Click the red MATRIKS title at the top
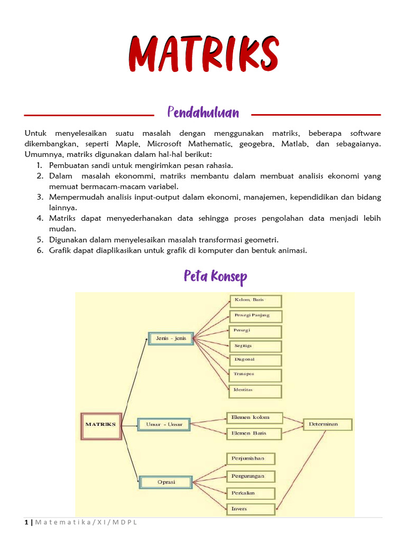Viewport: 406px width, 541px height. [203, 54]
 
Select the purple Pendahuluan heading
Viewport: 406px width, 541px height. [203, 113]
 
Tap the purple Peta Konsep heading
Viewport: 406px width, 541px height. [215, 276]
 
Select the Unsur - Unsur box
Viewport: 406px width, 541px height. [163, 424]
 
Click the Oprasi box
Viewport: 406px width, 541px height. [166, 482]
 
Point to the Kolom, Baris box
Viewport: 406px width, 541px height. [255, 301]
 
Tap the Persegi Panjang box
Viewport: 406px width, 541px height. [255, 316]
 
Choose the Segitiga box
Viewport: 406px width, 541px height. [255, 346]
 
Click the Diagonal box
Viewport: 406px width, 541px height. [255, 360]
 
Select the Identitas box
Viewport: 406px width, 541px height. [255, 390]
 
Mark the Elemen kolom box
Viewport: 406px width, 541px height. [254, 418]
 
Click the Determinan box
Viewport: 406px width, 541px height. [327, 424]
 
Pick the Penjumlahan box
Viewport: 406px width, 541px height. [251, 459]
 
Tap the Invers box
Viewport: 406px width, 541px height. [251, 509]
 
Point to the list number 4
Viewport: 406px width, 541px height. [40, 218]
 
